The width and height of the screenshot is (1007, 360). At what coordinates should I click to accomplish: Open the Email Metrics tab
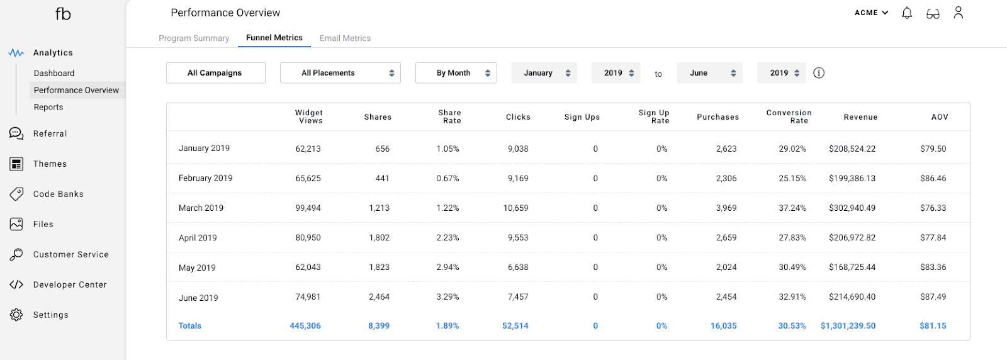pyautogui.click(x=345, y=38)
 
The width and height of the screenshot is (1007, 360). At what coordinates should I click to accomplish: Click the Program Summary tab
pyautogui.click(x=194, y=38)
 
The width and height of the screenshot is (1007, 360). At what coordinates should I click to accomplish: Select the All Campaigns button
pyautogui.click(x=215, y=73)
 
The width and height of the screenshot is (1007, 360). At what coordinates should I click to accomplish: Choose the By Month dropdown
pyautogui.click(x=456, y=73)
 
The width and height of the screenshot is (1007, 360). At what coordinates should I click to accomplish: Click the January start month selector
pyautogui.click(x=544, y=73)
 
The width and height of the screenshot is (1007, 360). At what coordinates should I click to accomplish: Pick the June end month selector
pyautogui.click(x=709, y=73)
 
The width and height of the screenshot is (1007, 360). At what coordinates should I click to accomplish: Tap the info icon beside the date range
pyautogui.click(x=819, y=73)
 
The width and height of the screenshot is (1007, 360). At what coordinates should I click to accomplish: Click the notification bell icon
pyautogui.click(x=907, y=13)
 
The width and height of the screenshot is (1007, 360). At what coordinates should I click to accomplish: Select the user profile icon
pyautogui.click(x=958, y=13)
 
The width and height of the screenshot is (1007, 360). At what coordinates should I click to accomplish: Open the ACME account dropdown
pyautogui.click(x=871, y=13)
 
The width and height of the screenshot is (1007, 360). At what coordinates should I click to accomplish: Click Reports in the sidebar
pyautogui.click(x=48, y=107)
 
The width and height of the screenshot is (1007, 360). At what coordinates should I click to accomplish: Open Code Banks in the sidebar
pyautogui.click(x=58, y=194)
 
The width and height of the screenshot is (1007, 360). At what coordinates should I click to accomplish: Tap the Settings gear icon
pyautogui.click(x=16, y=315)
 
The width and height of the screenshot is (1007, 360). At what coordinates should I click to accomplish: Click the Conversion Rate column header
pyautogui.click(x=789, y=116)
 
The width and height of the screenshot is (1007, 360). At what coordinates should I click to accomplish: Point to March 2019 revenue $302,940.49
pyautogui.click(x=852, y=208)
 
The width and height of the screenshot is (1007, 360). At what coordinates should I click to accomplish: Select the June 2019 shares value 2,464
pyautogui.click(x=379, y=297)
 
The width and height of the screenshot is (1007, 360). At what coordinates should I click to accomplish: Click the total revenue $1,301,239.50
pyautogui.click(x=848, y=326)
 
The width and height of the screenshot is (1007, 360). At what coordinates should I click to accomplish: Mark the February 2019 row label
pyautogui.click(x=205, y=178)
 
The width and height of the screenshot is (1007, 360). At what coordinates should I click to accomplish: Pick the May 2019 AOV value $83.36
pyautogui.click(x=933, y=267)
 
